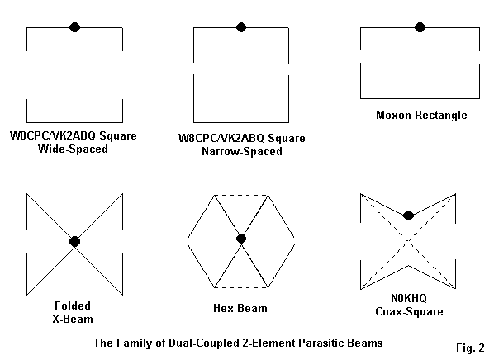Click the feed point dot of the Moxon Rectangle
pyautogui.click(x=420, y=27)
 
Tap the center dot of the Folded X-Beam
pyautogui.click(x=74, y=242)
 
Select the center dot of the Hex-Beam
pyautogui.click(x=241, y=239)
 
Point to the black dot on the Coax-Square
pyautogui.click(x=408, y=216)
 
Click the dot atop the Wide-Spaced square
pyautogui.click(x=74, y=27)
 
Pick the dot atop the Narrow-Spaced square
pyautogui.click(x=241, y=27)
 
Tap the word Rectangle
pyautogui.click(x=441, y=116)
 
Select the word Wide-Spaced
pyautogui.click(x=73, y=149)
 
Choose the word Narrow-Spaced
pyautogui.click(x=242, y=151)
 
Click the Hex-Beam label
pyautogui.click(x=240, y=308)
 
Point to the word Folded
pyautogui.click(x=73, y=306)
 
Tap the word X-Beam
pyautogui.click(x=73, y=319)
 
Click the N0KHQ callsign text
pyautogui.click(x=409, y=298)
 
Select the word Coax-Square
pyautogui.click(x=409, y=311)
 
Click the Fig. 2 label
pyautogui.click(x=470, y=348)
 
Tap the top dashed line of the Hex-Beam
pyautogui.click(x=241, y=196)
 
